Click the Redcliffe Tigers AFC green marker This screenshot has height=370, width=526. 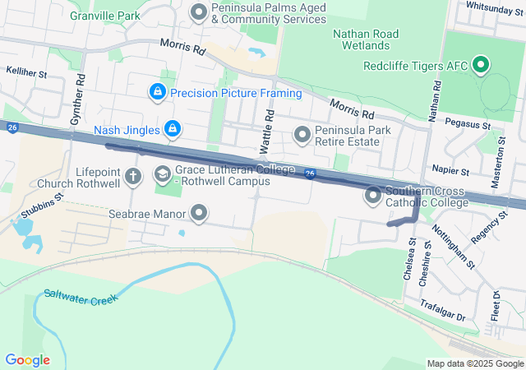(x=482, y=64)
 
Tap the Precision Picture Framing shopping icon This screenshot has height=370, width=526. (x=156, y=93)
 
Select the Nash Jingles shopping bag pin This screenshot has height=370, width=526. (x=173, y=129)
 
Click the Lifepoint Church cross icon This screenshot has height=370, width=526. (x=135, y=176)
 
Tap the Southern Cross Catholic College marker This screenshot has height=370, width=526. (x=373, y=195)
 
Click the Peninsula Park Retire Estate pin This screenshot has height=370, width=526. (x=302, y=133)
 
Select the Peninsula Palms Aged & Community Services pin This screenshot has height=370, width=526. (x=198, y=12)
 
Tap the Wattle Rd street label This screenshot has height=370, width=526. (x=265, y=135)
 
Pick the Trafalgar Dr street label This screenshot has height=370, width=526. (x=443, y=312)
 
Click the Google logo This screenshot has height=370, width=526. (x=27, y=360)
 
